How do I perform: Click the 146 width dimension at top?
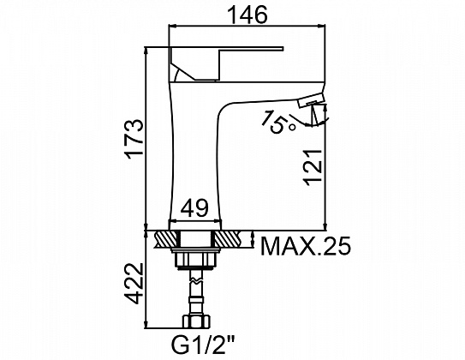pyautogui.click(x=247, y=15)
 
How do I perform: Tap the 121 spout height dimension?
pyautogui.click(x=313, y=167)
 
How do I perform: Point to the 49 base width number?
pyautogui.click(x=195, y=209)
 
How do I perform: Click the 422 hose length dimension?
pyautogui.click(x=134, y=284)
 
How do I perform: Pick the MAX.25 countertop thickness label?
pyautogui.click(x=306, y=246)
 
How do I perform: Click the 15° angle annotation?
pyautogui.click(x=278, y=122)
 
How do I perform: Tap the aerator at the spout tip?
pyautogui.click(x=312, y=100)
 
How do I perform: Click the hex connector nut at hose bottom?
pyautogui.click(x=196, y=322)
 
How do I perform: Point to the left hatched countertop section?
pyautogui.click(x=167, y=239)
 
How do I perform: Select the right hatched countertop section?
pyautogui.click(x=228, y=239)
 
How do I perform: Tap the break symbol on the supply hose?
pyautogui.click(x=196, y=280)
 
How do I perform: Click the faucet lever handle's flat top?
pyautogui.click(x=226, y=48)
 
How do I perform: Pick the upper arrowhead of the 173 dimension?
pyautogui.click(x=146, y=51)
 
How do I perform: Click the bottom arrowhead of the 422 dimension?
pyautogui.click(x=146, y=324)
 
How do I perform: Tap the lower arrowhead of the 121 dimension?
pyautogui.click(x=325, y=226)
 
